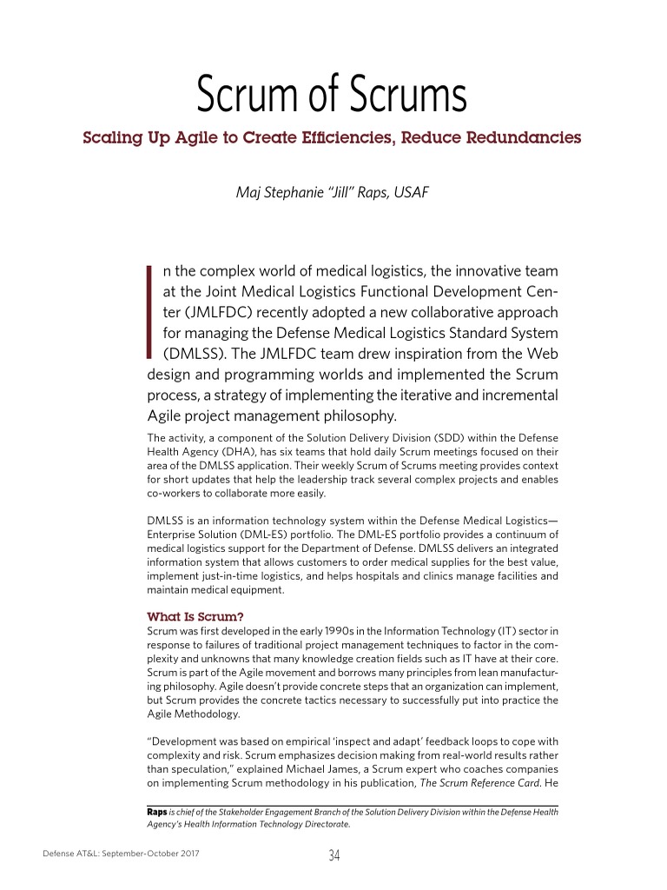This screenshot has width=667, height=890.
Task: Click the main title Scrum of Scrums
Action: pyautogui.click(x=332, y=96)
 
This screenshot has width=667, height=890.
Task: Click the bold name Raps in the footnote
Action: pyautogui.click(x=156, y=812)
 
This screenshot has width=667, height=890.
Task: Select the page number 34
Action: pyautogui.click(x=333, y=855)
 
